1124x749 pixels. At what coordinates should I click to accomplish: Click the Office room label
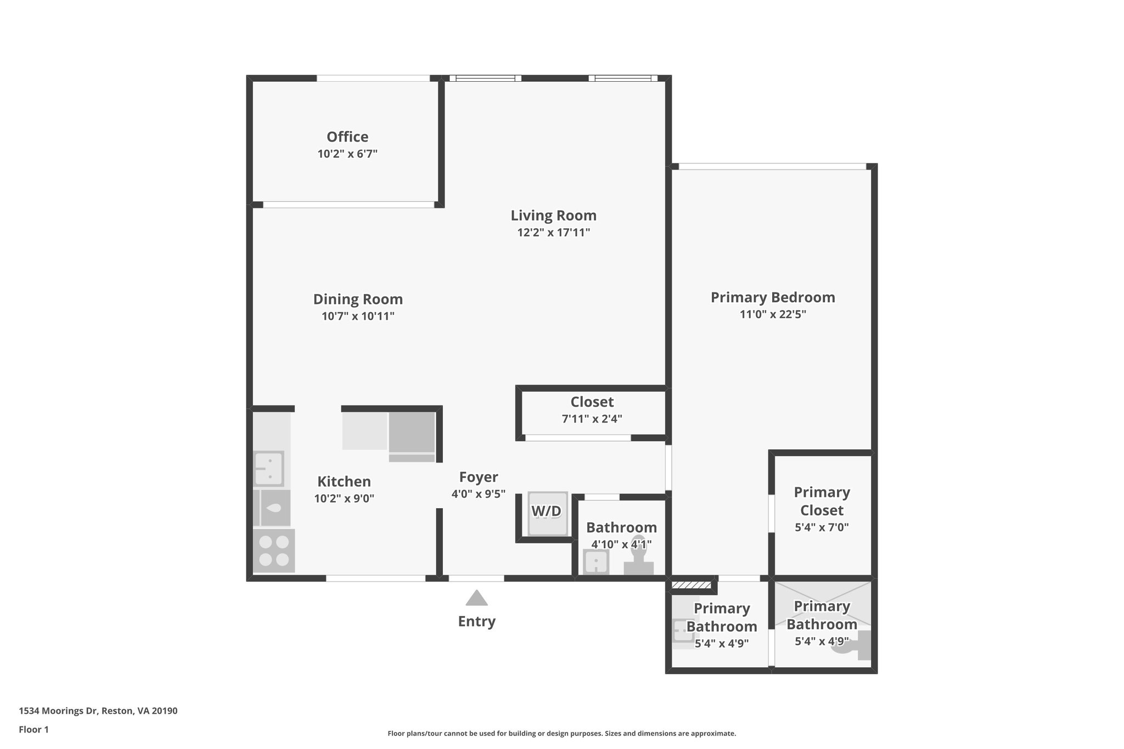tap(347, 137)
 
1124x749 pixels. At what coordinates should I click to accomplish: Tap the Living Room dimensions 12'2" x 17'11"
tap(553, 232)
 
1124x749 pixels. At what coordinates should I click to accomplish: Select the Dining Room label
tap(358, 299)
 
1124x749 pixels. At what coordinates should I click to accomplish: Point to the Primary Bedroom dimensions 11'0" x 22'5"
tap(773, 314)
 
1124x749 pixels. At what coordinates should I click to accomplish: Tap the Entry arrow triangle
tap(476, 598)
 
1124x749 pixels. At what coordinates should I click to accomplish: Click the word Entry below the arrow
tap(476, 621)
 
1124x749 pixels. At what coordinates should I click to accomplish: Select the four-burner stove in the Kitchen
tap(274, 550)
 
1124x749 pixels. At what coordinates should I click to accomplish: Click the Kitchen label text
tap(344, 481)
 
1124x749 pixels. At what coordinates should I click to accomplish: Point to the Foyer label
tap(478, 477)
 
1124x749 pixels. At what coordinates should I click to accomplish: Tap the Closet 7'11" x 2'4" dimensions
tap(592, 419)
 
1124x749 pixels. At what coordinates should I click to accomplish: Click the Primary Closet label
tap(822, 501)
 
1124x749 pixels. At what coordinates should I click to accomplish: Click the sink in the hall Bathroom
tap(596, 562)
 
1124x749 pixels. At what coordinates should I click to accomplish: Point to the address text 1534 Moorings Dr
tap(98, 711)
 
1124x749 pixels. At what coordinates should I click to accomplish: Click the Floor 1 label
tap(33, 730)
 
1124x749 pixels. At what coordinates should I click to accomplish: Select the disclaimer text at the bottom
tap(561, 734)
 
